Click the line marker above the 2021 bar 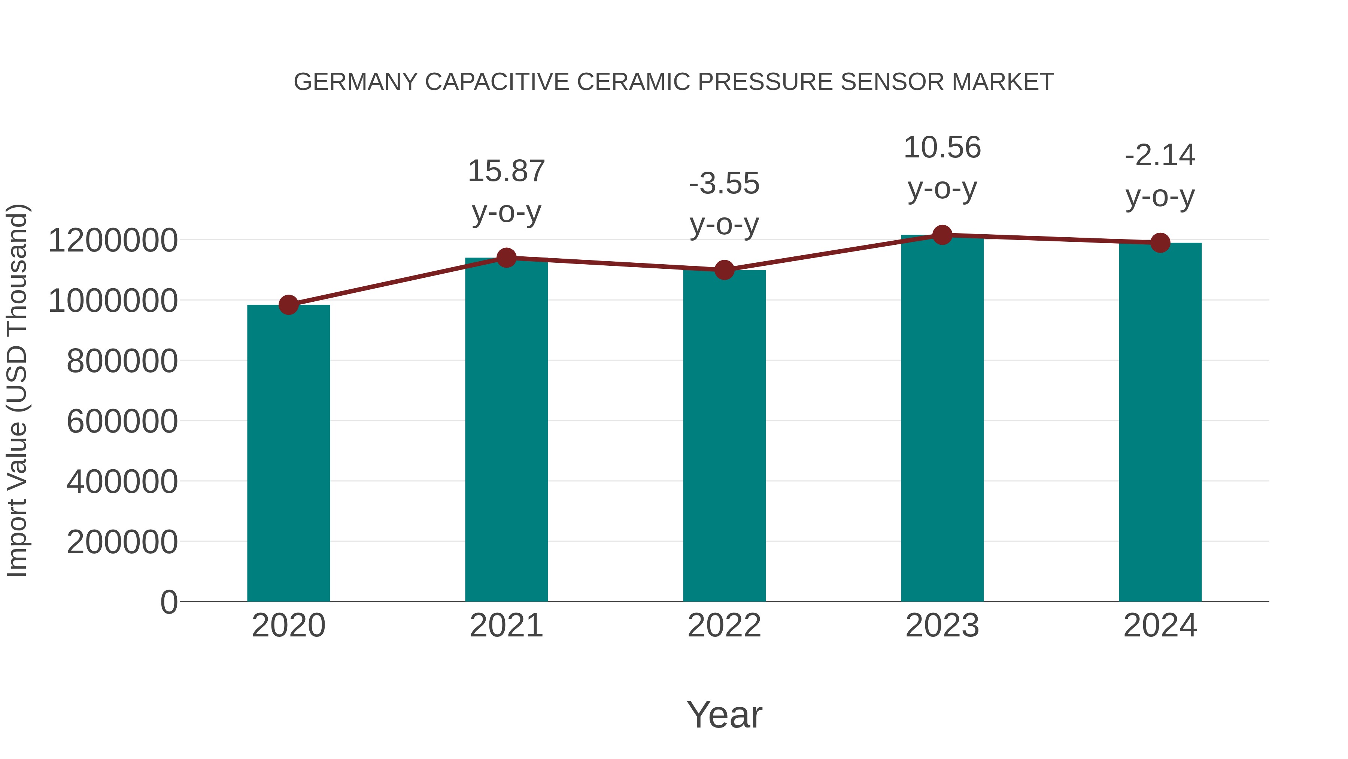pos(506,258)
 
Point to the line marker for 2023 pos(942,235)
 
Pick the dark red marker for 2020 pos(288,305)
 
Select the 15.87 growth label pos(506,171)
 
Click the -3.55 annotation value pos(724,184)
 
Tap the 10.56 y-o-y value pos(942,148)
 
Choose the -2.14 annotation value pos(1160,156)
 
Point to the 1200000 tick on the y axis pos(112,241)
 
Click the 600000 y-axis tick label pos(122,421)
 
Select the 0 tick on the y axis pos(168,602)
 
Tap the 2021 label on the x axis pos(506,626)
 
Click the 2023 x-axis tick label pos(942,626)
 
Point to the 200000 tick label pos(122,542)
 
